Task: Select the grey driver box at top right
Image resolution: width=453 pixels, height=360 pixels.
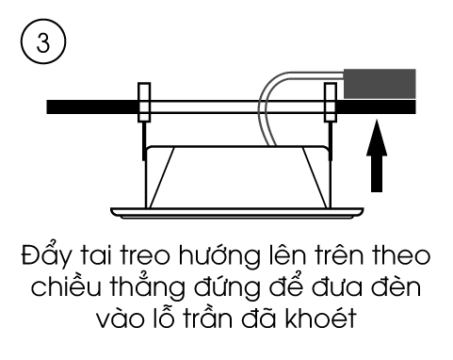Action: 380,84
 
